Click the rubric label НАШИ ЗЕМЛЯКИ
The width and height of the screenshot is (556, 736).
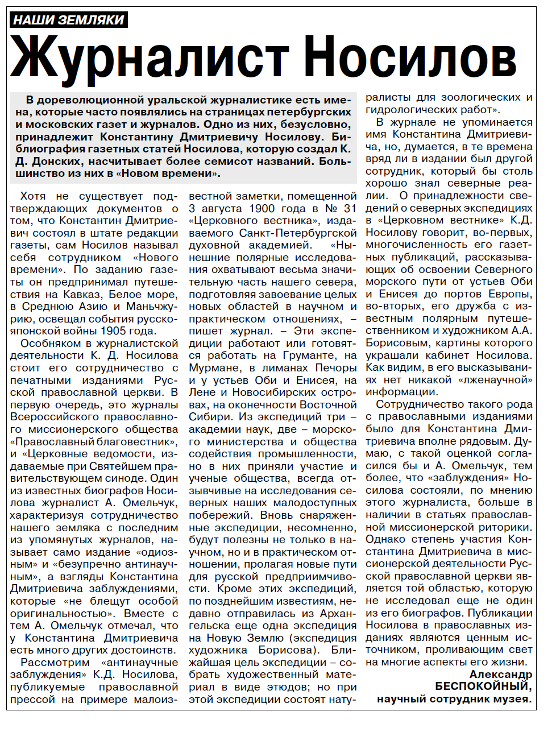tap(68, 20)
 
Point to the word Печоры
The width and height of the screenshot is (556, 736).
tap(335, 368)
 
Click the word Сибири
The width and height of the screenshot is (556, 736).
tap(208, 417)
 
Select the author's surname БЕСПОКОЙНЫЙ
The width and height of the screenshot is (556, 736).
tap(483, 687)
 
